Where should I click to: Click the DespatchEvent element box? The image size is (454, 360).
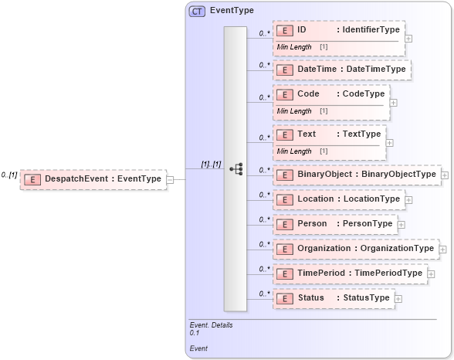93,179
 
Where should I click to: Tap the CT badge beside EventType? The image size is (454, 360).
197,11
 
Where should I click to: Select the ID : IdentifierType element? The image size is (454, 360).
338,30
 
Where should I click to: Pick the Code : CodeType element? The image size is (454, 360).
331,94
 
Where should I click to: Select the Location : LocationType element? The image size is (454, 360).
338,199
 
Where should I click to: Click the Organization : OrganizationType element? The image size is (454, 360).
356,249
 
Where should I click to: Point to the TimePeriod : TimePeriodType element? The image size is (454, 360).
350,273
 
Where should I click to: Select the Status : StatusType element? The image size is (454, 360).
333,298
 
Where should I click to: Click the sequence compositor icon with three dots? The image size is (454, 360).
236,169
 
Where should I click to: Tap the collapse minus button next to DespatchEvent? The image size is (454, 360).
171,179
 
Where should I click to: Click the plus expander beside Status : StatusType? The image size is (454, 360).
398,298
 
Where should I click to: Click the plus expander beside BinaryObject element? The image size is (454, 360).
445,175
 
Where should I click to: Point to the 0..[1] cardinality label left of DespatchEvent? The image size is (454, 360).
9,175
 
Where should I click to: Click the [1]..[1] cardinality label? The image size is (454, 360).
211,164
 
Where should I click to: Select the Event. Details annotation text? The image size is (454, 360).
211,325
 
